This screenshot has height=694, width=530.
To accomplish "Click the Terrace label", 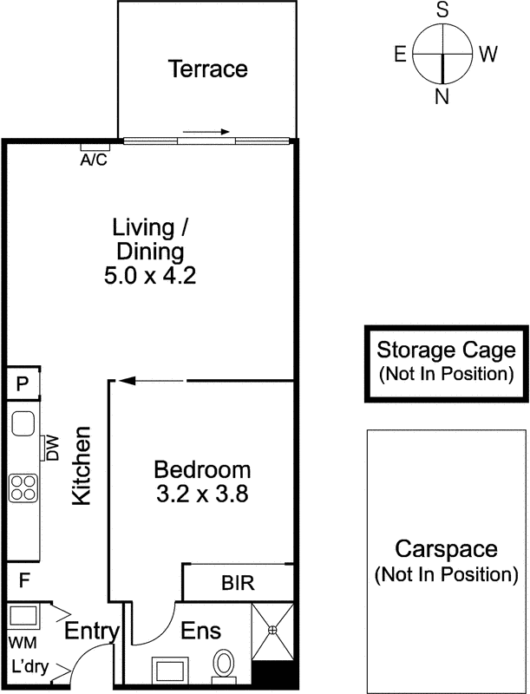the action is [207, 69].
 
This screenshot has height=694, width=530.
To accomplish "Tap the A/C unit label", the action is [94, 160].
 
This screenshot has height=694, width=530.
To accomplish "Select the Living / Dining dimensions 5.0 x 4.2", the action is [150, 276].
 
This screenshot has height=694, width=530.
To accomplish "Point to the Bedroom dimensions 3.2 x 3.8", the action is [202, 494].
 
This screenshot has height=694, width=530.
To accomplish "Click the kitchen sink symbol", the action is [23, 424].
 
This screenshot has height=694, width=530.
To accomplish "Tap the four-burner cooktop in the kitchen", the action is [23, 488].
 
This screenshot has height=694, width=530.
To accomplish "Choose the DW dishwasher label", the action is [52, 448].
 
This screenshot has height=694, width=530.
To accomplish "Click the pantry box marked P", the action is [23, 383].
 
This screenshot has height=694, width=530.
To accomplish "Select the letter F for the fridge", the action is [24, 579].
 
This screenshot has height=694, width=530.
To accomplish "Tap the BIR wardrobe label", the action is [238, 583].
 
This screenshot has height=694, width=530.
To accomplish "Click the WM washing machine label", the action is [23, 642].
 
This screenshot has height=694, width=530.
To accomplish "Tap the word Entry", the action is [92, 632].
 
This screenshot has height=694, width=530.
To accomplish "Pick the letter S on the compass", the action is [442, 10].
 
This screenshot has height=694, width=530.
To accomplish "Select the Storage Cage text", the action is [446, 350].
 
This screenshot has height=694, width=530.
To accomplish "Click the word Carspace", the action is [446, 549].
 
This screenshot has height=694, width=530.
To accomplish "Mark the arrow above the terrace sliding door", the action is [206, 132].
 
